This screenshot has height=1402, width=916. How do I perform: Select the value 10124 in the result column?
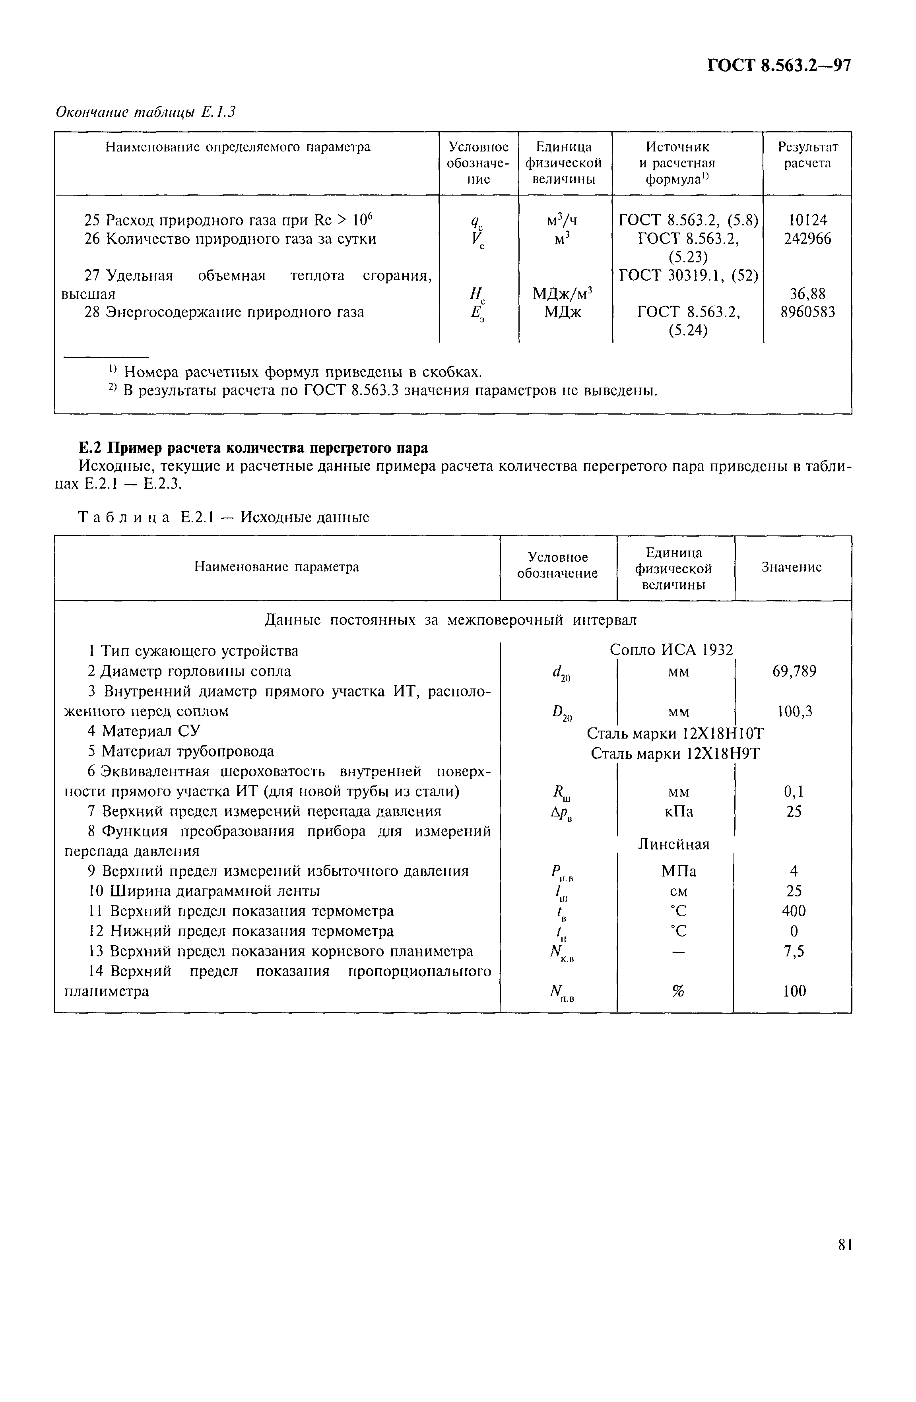point(807,220)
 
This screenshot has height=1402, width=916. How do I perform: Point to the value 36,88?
point(807,293)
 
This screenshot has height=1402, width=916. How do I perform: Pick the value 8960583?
point(807,312)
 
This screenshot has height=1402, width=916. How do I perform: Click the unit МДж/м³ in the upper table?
point(562,293)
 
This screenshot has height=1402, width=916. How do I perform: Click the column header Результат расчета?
point(807,155)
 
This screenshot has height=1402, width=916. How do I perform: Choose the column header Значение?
point(791,567)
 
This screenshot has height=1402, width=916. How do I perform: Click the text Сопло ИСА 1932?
point(671,650)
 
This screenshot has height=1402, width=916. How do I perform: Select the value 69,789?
point(794,671)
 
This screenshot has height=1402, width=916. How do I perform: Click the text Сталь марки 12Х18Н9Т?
point(675,753)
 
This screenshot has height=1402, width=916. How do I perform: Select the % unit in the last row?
point(677,991)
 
